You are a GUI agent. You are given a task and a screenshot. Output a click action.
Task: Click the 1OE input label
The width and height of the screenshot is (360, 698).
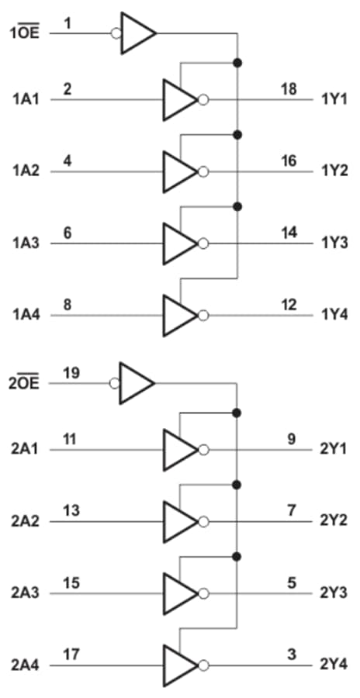(x=25, y=33)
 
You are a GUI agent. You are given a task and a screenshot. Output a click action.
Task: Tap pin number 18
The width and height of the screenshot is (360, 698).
(x=288, y=89)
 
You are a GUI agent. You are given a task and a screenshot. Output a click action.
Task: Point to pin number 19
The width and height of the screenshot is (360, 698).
(x=71, y=373)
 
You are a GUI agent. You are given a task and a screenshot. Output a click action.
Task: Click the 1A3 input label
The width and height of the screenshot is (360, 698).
(x=27, y=244)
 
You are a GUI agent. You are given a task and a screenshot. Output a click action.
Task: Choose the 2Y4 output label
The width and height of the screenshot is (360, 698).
(x=334, y=665)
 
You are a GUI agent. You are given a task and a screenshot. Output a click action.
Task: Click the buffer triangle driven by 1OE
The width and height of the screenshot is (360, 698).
(x=137, y=33)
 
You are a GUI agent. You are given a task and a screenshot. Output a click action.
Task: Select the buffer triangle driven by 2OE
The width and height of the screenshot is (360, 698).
(x=136, y=383)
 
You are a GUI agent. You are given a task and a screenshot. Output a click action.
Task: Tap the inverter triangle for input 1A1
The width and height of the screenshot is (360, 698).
(x=178, y=100)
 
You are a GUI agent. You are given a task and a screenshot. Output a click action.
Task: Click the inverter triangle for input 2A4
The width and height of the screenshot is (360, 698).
(x=178, y=665)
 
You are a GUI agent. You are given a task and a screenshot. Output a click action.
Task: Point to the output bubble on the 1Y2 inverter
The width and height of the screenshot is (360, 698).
(x=203, y=171)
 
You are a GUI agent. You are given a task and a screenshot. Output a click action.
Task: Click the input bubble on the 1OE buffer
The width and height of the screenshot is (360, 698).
(x=116, y=33)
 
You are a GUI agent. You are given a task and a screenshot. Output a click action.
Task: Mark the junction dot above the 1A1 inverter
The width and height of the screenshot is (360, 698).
(x=237, y=62)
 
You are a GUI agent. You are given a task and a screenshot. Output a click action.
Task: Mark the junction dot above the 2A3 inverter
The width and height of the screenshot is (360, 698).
(x=237, y=556)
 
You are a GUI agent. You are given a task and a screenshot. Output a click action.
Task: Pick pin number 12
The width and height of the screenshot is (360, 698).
(x=288, y=305)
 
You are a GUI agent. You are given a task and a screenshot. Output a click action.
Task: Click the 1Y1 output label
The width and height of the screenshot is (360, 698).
(x=334, y=100)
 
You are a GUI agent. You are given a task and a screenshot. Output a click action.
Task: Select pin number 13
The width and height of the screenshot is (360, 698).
(x=71, y=511)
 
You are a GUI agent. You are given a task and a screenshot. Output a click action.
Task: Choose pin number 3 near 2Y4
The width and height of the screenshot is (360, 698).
(x=292, y=655)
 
